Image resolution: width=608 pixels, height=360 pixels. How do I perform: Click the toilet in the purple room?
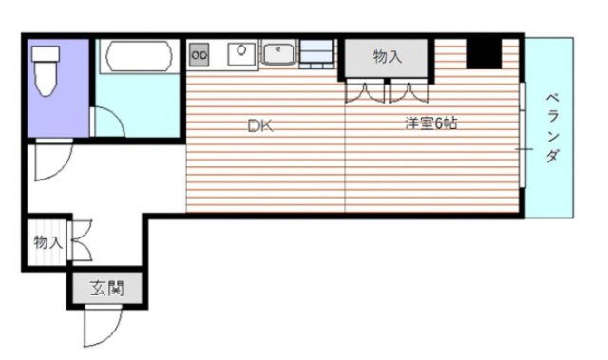click(x=45, y=69)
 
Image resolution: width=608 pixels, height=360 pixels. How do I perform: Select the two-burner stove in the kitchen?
click(x=199, y=55)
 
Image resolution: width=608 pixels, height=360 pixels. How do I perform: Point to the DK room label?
click(x=259, y=125)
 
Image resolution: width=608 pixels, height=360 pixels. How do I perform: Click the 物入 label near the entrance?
click(x=47, y=243)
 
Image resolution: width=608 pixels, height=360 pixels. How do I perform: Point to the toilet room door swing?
click(x=49, y=162)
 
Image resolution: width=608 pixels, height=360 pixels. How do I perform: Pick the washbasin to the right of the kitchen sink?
click(x=278, y=53)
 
